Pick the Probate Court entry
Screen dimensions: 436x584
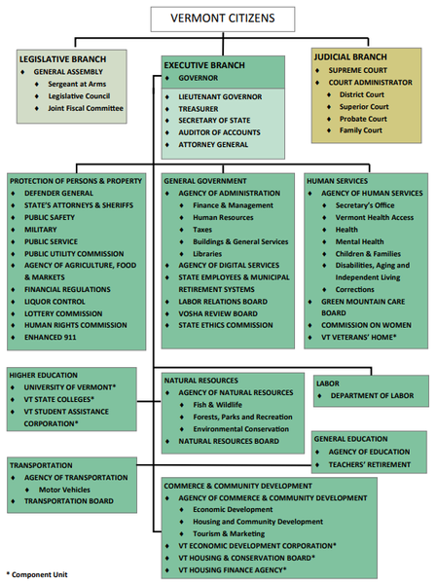[x=363, y=119]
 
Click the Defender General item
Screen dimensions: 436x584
[x=58, y=193]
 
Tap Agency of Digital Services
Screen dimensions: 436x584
[x=229, y=266]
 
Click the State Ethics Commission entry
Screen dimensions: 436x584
[x=226, y=325]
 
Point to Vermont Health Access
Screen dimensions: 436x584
[x=375, y=217]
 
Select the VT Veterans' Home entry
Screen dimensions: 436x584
[x=359, y=337]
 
